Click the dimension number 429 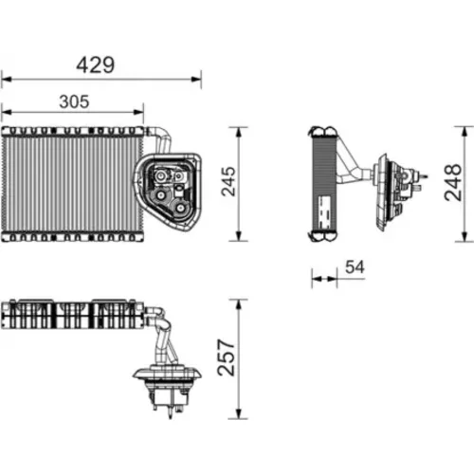click(96, 65)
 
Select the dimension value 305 click(74, 101)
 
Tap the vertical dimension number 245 click(228, 181)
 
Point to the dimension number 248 click(452, 182)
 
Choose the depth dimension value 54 click(355, 267)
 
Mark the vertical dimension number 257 click(227, 357)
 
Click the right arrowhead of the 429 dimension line click(196, 79)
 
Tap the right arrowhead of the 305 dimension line click(138, 112)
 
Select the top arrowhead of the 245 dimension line click(239, 132)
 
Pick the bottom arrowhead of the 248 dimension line click(465, 236)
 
